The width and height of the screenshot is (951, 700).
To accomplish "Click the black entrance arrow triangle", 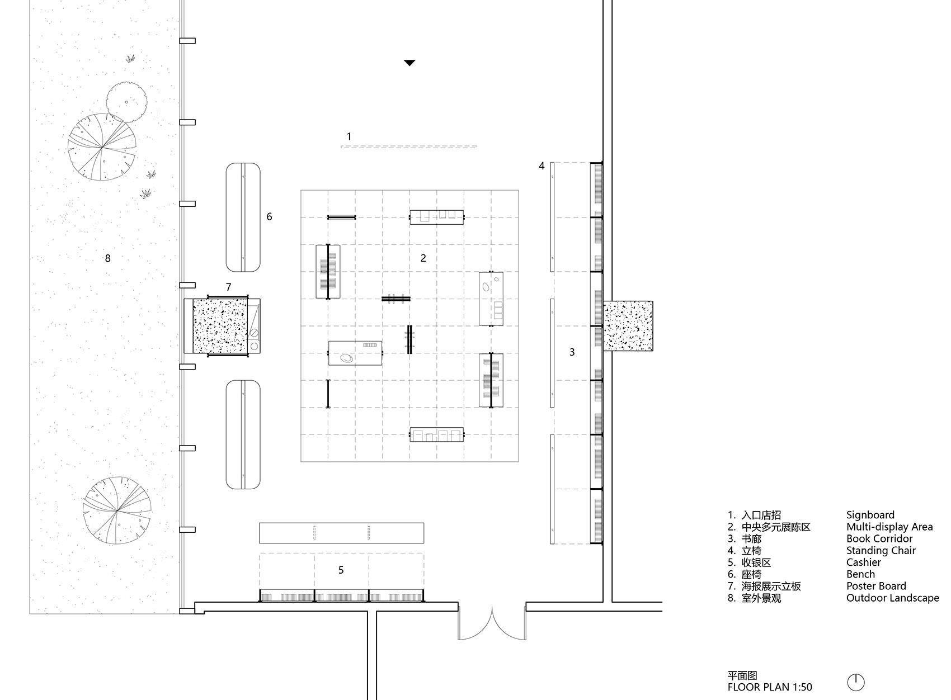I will click(x=409, y=63).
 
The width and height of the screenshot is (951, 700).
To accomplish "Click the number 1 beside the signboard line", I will click(x=349, y=136).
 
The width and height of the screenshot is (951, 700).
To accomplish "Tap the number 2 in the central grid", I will click(x=423, y=258).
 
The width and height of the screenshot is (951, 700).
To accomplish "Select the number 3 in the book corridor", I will click(x=572, y=352).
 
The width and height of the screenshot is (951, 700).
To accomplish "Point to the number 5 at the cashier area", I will click(x=341, y=570).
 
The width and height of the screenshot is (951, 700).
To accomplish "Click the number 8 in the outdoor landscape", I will click(x=108, y=258).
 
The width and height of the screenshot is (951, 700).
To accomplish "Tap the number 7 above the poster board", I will click(x=228, y=287).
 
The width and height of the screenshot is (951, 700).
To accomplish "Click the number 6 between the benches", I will click(x=269, y=216).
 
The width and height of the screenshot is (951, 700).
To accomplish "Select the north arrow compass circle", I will click(x=856, y=682).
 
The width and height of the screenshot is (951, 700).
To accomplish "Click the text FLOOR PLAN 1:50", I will click(x=770, y=687).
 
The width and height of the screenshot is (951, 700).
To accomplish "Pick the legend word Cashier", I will click(x=863, y=562).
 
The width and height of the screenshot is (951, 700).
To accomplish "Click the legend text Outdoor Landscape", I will click(x=892, y=598).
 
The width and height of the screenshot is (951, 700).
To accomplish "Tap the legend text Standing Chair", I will click(x=881, y=550).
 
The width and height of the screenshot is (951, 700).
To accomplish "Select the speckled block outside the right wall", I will click(x=628, y=325).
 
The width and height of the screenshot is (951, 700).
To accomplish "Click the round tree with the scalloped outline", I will click(x=127, y=102).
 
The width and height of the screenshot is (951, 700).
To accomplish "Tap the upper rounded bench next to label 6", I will click(x=243, y=217).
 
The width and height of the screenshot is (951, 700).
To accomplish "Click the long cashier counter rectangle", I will click(x=341, y=533).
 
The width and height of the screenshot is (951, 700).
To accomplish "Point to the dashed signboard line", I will click(x=409, y=147).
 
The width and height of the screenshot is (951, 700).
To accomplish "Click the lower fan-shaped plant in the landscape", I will click(x=117, y=510).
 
